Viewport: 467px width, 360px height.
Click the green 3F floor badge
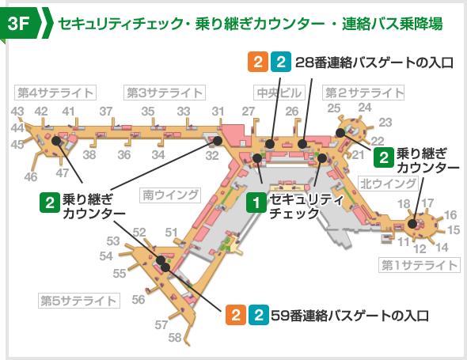[21, 23]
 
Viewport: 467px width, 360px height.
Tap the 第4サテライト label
[51, 92]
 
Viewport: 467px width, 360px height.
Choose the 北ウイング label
[388, 184]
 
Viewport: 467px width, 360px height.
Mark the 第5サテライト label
[78, 301]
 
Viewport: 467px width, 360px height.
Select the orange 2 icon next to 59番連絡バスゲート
[235, 315]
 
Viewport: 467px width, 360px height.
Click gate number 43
[17, 111]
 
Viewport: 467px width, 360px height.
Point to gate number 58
[175, 338]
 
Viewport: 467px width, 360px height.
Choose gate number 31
[217, 111]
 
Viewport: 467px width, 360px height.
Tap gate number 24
[364, 107]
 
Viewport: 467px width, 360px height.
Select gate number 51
[171, 231]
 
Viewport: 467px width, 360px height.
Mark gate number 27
[249, 111]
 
